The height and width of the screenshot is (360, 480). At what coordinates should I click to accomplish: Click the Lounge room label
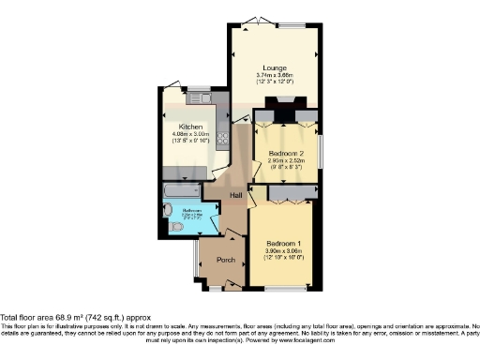(x=274, y=67)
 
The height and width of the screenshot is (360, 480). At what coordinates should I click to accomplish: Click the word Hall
(x=236, y=195)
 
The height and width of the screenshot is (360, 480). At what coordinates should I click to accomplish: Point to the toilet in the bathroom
(x=167, y=225)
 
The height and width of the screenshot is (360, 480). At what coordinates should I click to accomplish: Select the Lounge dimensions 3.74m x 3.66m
(x=274, y=75)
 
